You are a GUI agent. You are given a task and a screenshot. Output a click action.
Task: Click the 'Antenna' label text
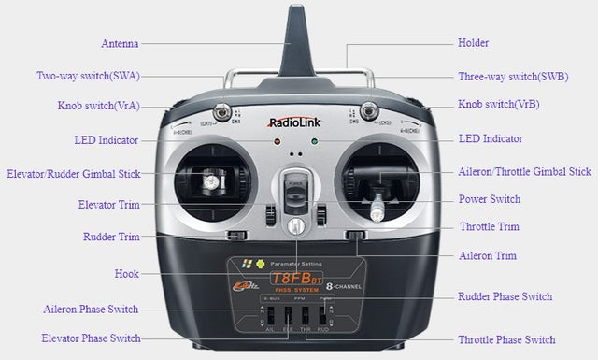(x=121, y=43)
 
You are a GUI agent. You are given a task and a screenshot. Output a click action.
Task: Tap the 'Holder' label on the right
(x=473, y=43)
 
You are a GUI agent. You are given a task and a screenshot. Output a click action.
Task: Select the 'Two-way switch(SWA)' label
(x=88, y=77)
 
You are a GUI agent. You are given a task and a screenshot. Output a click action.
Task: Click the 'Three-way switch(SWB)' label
(x=513, y=77)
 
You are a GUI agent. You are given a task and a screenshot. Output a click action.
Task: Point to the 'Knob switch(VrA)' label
(x=98, y=106)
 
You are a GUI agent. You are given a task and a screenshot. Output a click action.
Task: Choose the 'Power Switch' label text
(x=490, y=199)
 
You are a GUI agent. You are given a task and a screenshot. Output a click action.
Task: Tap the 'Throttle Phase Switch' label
(x=506, y=339)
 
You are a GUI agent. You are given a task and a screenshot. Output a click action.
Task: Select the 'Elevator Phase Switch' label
(x=91, y=338)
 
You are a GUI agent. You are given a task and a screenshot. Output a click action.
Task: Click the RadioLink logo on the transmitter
(x=295, y=122)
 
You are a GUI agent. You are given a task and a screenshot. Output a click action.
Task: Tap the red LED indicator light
(x=277, y=143)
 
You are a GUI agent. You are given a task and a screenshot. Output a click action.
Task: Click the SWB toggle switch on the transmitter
(x=368, y=109)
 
